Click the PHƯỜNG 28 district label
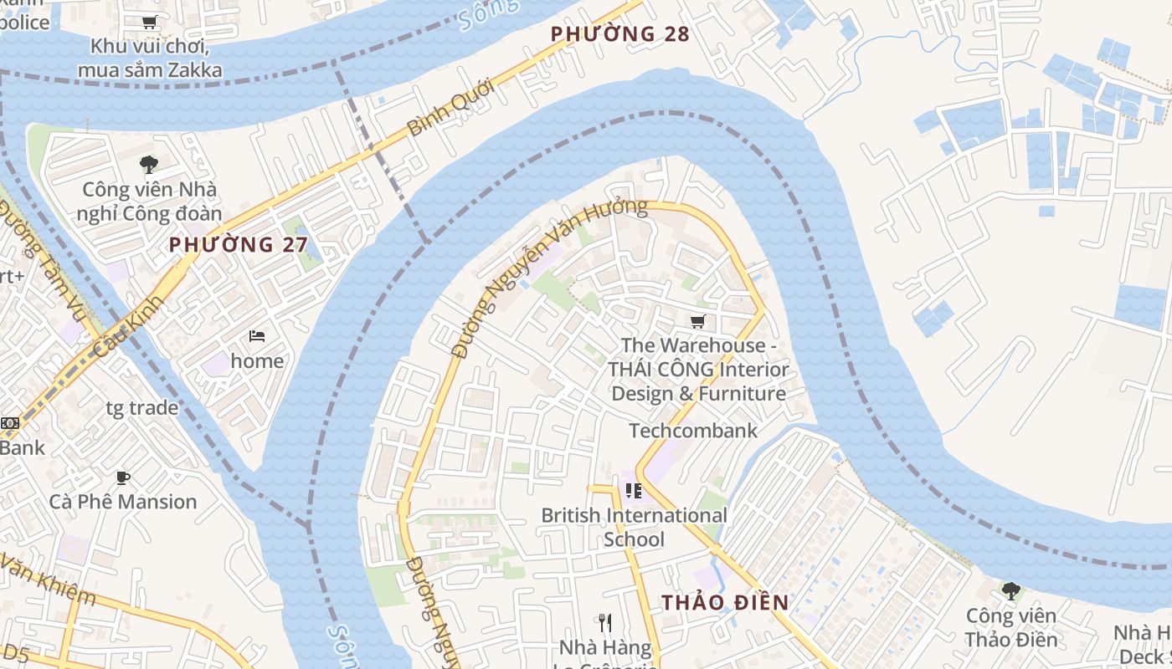point(619,34)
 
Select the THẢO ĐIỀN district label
point(725,602)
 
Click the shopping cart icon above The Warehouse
point(697,322)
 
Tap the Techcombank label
point(692,431)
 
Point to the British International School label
point(634,527)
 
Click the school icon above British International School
point(633,491)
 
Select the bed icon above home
point(257,336)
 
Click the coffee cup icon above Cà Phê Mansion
point(123,477)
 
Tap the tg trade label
point(141,408)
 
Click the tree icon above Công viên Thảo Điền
point(1010,591)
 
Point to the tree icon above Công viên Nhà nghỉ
point(149,165)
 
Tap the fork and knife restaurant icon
point(606,622)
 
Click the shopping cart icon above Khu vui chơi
point(149,23)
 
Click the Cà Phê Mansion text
point(123,502)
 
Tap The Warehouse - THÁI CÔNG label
point(698,369)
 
